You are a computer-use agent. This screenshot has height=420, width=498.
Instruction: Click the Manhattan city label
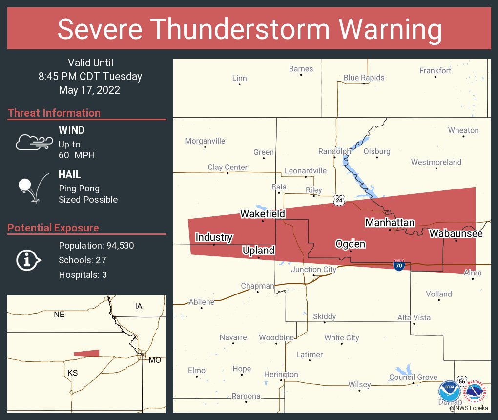pos(390,223)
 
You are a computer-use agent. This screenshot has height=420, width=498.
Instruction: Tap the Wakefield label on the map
pos(262,214)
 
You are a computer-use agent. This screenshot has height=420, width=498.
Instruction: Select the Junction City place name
pos(313,270)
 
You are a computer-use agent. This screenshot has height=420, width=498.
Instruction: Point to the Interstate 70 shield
pos(399,265)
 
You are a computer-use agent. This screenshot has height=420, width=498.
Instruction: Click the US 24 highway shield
pos(339,200)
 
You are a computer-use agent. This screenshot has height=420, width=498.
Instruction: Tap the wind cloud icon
pos(34,142)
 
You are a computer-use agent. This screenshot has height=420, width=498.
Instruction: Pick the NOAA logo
pos(449,392)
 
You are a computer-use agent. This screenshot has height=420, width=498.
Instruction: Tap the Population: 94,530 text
pos(96,245)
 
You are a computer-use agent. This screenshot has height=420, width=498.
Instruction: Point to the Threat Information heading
pos(54,113)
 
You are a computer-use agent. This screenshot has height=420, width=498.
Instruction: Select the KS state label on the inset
pos(72,373)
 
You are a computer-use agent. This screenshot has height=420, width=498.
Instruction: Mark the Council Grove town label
pos(413,377)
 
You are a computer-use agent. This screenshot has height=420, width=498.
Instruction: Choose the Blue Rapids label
pos(364,78)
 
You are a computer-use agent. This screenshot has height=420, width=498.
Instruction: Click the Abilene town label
pos(201,302)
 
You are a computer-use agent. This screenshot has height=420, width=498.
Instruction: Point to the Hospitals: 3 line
pos(83,275)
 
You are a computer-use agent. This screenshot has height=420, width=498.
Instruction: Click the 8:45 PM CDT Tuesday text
pos(90,76)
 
